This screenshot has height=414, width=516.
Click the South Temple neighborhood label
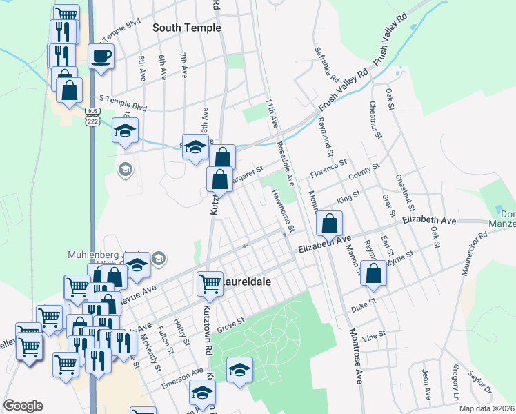point(186,28)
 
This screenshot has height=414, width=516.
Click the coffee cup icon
point(101,57)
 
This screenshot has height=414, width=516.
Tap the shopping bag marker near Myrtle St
point(373,273)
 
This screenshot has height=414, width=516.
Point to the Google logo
point(23,406)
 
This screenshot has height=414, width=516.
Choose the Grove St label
point(232,322)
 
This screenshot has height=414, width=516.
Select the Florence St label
point(327,169)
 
